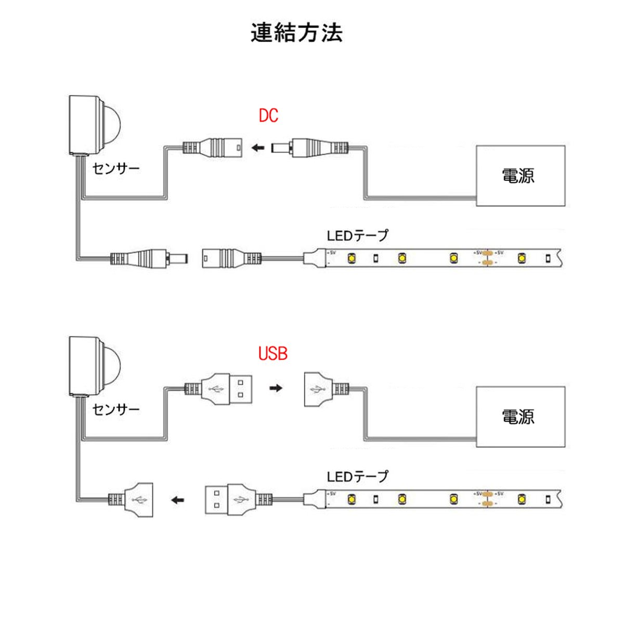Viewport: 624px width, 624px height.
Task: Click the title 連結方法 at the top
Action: [296, 33]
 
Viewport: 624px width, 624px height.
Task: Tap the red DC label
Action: [268, 115]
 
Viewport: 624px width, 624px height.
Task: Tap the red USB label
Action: [273, 354]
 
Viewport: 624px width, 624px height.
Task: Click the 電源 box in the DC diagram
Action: [520, 175]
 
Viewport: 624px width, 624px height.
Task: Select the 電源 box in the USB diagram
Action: [520, 416]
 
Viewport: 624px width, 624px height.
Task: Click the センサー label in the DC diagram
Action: [116, 168]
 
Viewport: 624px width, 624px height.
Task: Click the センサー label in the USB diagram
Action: [116, 409]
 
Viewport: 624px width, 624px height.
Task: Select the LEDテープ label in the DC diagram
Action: [357, 236]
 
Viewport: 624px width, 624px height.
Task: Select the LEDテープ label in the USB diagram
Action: [357, 476]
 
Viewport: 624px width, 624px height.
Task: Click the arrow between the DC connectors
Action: [257, 148]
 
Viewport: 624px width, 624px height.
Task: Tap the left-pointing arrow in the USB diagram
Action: [178, 501]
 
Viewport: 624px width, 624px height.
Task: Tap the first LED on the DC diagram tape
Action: [352, 257]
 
